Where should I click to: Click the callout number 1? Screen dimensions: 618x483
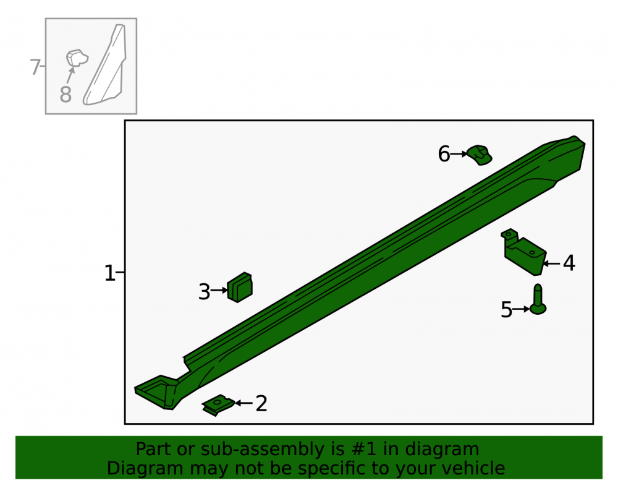pos(109,273)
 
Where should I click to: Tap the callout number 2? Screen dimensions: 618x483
pos(261,404)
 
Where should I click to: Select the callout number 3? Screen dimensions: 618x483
pos(204,292)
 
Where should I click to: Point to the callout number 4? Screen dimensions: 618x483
pos(569,263)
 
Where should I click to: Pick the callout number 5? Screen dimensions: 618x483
pos(507,309)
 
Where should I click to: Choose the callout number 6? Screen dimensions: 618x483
pos(444,154)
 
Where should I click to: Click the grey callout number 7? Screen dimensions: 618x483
pos(35,67)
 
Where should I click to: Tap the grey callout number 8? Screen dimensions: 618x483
pos(66,95)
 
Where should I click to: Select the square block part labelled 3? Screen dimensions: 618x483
pos(240,288)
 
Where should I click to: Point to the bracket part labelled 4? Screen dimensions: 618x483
pos(524,252)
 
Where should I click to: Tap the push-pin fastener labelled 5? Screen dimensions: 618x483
pos(538,300)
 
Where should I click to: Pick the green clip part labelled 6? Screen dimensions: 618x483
pos(480,155)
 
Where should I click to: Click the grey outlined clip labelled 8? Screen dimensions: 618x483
pos(77,58)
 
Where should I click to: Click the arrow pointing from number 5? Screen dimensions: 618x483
pos(521,309)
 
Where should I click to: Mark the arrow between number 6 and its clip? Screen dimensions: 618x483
pos(459,154)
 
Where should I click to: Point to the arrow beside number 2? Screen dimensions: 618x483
pos(244,403)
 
